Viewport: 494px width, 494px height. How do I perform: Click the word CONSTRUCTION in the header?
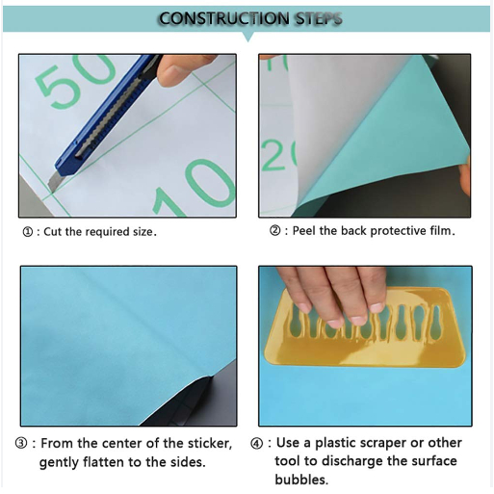224,18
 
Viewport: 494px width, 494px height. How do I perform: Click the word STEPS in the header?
319,18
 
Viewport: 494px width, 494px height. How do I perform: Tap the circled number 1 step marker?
28,232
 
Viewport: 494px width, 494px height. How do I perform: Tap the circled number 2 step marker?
274,230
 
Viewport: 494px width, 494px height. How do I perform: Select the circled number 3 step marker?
21,444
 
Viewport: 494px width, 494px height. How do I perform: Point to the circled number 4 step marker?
256,444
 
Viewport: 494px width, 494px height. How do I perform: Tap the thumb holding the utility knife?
181,71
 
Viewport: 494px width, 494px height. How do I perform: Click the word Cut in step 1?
53,232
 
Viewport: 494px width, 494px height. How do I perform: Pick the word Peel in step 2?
304,230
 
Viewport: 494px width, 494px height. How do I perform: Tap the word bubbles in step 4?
301,480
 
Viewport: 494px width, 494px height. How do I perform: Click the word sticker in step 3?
210,444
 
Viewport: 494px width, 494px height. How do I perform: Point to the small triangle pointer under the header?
247,37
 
